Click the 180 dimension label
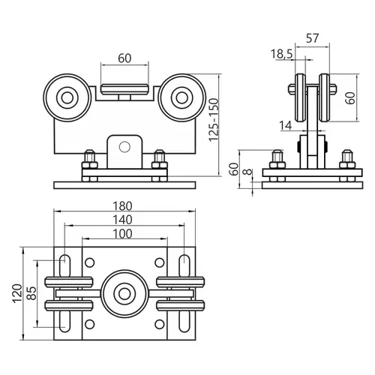tap(122, 206)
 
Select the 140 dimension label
tap(122, 220)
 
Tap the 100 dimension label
tap(122, 234)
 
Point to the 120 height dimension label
tap(17, 293)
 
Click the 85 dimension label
tap(31, 293)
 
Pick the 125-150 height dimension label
tap(214, 120)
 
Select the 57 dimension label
tap(313, 38)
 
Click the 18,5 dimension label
tap(281, 54)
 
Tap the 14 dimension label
tap(286, 125)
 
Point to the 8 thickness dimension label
tap(247, 172)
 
